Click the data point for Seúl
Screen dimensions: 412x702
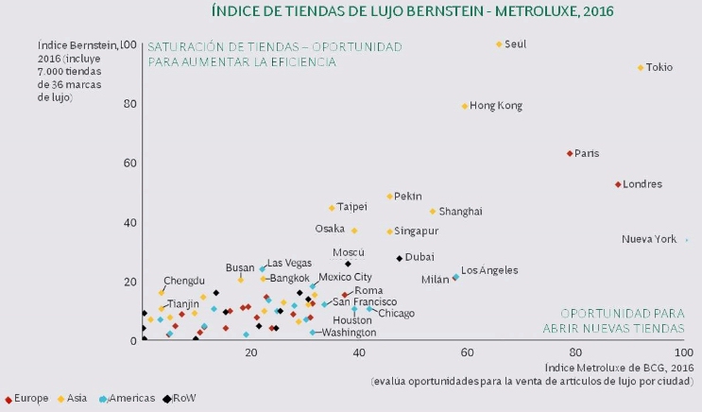499,44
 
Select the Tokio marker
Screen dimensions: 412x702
640,68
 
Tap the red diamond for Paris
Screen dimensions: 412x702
570,153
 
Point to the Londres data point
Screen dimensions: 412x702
618,184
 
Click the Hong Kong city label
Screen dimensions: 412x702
495,106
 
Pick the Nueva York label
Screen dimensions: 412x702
649,239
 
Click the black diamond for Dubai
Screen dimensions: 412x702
400,258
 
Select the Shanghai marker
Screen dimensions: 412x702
433,212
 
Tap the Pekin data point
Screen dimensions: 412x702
389,197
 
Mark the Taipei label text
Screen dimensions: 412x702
351,207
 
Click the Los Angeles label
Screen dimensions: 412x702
488,270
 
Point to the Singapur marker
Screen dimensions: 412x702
389,232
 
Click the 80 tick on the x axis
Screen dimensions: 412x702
575,351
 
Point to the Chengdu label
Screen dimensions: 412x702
183,281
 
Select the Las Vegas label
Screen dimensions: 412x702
289,263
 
